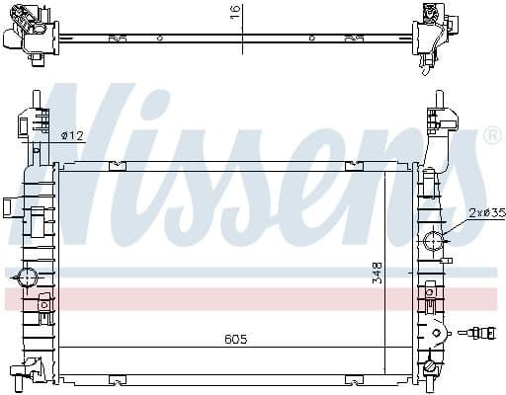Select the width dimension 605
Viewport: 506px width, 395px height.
click(x=234, y=340)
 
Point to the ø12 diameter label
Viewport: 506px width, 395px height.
click(x=71, y=134)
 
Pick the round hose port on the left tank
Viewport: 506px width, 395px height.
click(x=27, y=277)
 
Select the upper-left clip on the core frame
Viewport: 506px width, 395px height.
click(x=117, y=165)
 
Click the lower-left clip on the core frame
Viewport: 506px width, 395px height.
click(x=117, y=378)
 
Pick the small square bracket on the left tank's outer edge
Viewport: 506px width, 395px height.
click(x=7, y=207)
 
